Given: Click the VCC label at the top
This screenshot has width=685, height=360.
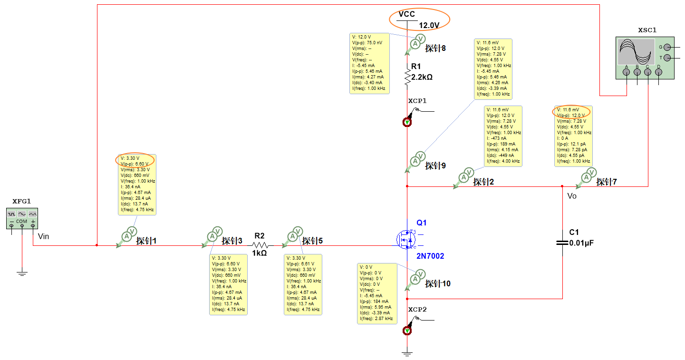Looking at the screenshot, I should tap(407, 14).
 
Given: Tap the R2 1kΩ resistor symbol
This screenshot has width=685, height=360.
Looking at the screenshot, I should tap(260, 246).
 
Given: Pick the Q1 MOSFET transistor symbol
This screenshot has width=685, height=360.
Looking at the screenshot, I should tap(407, 239).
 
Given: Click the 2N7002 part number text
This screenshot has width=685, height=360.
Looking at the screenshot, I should tap(430, 256).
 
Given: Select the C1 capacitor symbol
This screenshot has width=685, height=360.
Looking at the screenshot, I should tap(562, 243).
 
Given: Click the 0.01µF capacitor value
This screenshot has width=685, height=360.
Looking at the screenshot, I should tap(582, 243).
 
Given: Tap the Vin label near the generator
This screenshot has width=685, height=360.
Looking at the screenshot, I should tap(43, 236).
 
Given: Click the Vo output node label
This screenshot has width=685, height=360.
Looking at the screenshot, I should tap(572, 196).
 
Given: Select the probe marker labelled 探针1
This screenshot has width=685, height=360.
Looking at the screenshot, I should tap(127, 236).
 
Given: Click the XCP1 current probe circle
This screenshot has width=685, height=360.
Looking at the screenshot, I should tap(407, 122).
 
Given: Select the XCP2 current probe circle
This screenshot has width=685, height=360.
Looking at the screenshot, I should tap(407, 331).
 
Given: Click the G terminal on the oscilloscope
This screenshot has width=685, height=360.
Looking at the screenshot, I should tap(667, 47).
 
